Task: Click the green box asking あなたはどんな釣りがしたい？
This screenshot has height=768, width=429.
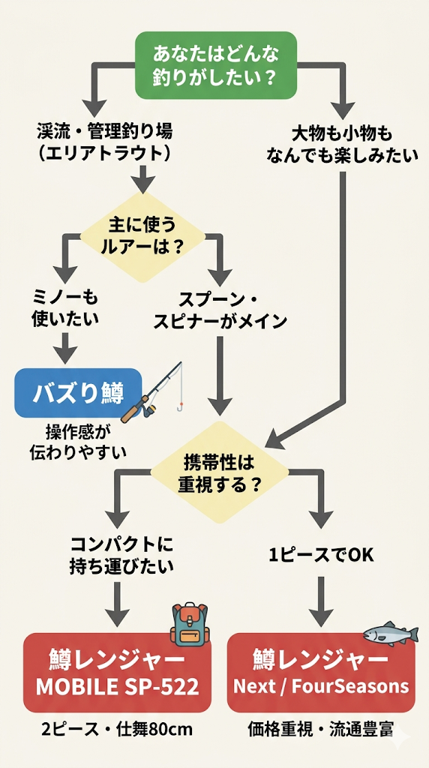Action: tap(216, 65)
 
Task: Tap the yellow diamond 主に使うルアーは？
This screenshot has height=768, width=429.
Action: tap(142, 235)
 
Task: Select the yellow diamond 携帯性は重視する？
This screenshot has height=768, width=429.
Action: tap(220, 472)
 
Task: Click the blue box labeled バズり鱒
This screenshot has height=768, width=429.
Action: tap(78, 392)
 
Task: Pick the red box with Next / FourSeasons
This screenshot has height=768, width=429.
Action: tap(321, 672)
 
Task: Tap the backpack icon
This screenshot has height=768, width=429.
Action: tap(189, 624)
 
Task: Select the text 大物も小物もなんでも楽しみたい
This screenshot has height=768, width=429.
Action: tap(342, 145)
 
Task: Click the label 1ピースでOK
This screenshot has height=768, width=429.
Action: tap(321, 556)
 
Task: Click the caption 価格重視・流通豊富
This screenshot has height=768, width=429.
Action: tap(321, 729)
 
